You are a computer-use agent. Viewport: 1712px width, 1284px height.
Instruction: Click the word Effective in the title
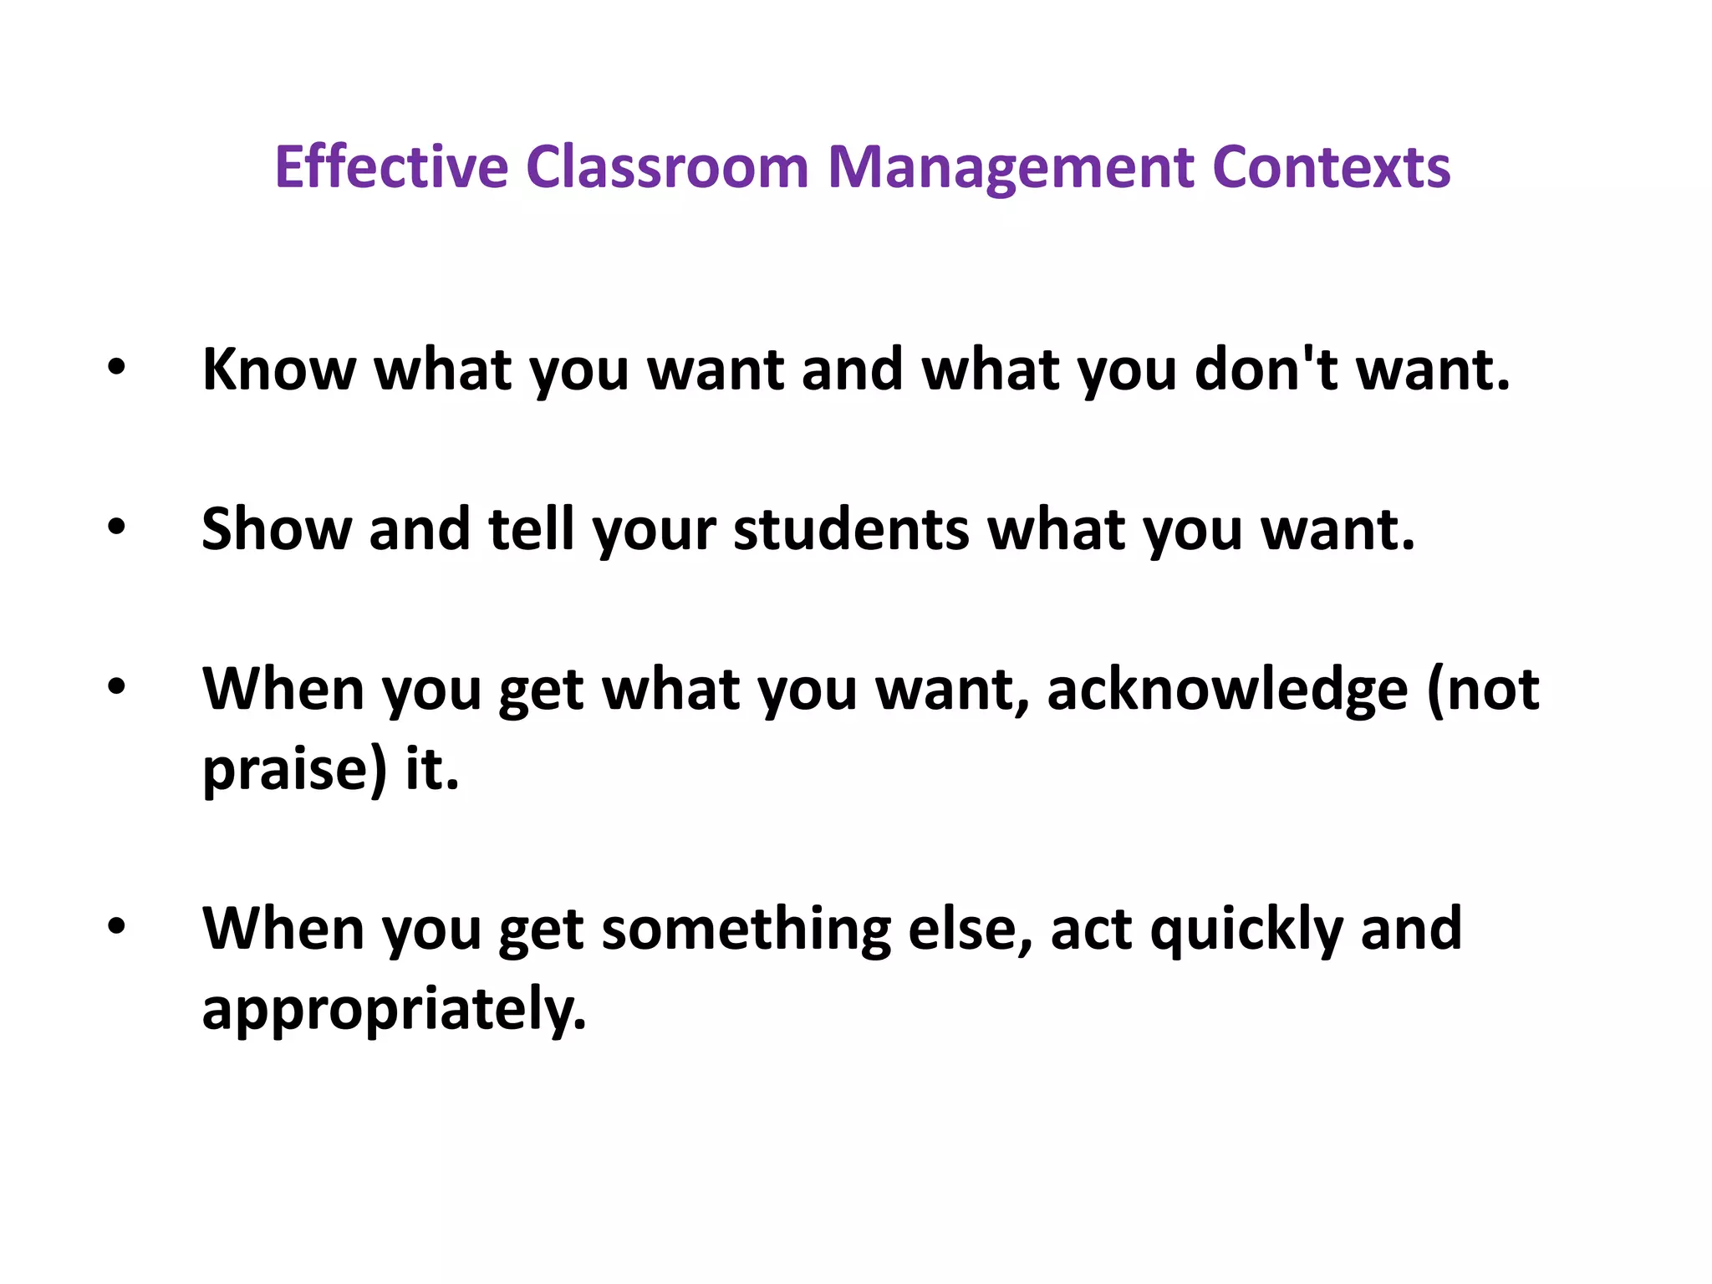point(391,167)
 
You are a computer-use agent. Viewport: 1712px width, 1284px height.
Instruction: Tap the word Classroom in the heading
point(667,167)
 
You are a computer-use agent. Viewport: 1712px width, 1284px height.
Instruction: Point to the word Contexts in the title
point(1331,167)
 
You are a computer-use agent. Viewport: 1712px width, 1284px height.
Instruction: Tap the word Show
point(277,529)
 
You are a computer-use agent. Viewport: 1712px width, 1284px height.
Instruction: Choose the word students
point(851,529)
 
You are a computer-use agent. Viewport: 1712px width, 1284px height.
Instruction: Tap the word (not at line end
point(1482,690)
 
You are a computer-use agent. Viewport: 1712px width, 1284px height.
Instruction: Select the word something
point(746,930)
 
